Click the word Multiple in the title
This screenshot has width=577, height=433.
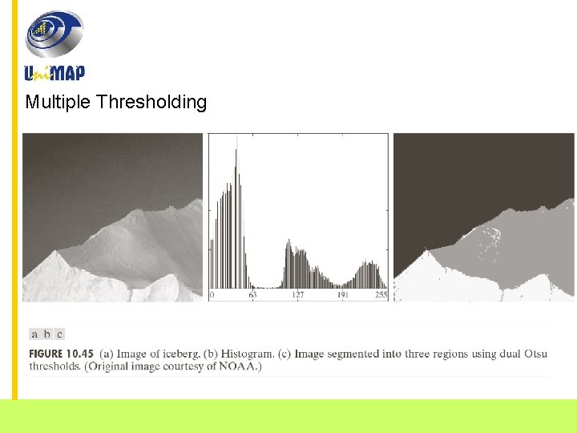coord(58,102)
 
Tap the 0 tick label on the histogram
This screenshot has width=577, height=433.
coord(212,295)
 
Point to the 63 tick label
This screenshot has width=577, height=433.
coord(252,295)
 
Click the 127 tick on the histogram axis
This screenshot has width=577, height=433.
coord(298,295)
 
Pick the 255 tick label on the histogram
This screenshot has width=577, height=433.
coord(381,295)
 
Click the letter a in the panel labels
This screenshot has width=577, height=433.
coord(34,334)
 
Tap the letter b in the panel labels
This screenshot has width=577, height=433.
coord(47,334)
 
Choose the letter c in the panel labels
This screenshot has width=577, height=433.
coord(59,334)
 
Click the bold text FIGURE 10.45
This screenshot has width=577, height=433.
coord(62,354)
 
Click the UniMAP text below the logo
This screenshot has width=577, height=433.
coord(54,73)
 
